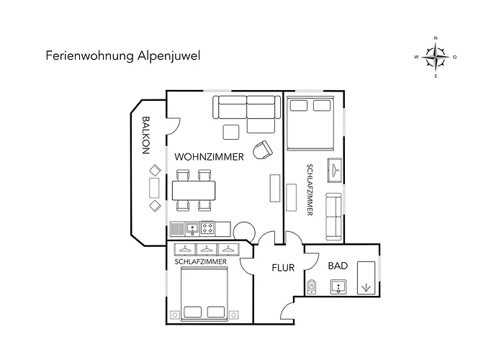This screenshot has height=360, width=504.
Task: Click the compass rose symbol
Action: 436,57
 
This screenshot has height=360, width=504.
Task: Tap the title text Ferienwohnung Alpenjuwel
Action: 123,55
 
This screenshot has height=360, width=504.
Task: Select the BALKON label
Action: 146,135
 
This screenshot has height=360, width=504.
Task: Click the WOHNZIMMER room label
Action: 209,157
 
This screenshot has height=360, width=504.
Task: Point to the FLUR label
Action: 283,268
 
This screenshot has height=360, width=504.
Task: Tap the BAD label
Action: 338,266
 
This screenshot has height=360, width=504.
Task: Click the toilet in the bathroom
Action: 312,287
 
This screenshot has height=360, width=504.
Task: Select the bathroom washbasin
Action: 338,287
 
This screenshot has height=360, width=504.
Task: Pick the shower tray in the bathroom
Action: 366,278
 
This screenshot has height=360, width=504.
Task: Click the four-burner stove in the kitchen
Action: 207,228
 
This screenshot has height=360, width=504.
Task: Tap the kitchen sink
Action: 192,228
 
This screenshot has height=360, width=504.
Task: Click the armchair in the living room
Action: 263,150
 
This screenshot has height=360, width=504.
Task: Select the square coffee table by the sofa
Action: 231,132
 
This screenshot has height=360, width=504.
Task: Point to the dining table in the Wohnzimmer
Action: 194,191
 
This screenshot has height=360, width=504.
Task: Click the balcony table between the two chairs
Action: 154,188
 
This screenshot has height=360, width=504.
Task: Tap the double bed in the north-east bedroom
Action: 310,123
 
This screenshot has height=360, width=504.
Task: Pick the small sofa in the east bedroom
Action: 333,217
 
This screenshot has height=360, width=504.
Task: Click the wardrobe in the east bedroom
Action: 335,171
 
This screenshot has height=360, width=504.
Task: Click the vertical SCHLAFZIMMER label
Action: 310,189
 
